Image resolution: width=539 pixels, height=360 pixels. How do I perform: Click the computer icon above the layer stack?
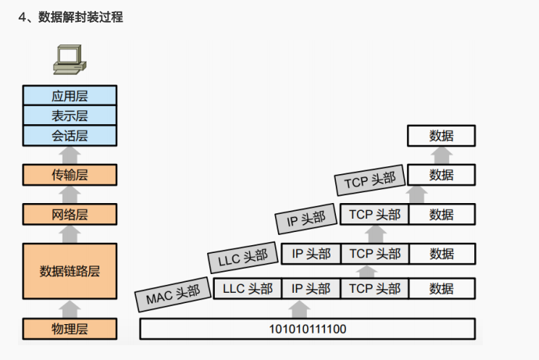(x=70, y=59)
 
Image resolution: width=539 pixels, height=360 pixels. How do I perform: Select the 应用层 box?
(x=70, y=96)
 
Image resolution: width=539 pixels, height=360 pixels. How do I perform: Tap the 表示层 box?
(x=70, y=116)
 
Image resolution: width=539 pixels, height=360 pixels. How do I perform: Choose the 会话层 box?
(x=70, y=135)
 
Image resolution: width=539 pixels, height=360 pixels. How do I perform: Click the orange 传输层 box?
(x=70, y=174)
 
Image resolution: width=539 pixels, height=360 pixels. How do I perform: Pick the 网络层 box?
(x=70, y=213)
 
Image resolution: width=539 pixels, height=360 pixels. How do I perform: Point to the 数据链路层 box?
(x=70, y=271)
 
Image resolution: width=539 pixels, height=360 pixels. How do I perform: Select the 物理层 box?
(x=70, y=329)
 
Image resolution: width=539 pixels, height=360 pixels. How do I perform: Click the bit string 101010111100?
(x=307, y=329)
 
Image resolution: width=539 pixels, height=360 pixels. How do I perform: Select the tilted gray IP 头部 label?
(x=305, y=220)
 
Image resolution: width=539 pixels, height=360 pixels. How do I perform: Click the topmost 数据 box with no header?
(x=441, y=136)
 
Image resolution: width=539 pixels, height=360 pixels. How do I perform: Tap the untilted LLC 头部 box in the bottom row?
(x=248, y=288)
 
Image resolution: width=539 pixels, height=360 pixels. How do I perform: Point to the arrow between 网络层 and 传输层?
(x=70, y=194)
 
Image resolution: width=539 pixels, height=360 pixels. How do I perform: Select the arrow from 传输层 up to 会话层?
(x=70, y=155)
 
